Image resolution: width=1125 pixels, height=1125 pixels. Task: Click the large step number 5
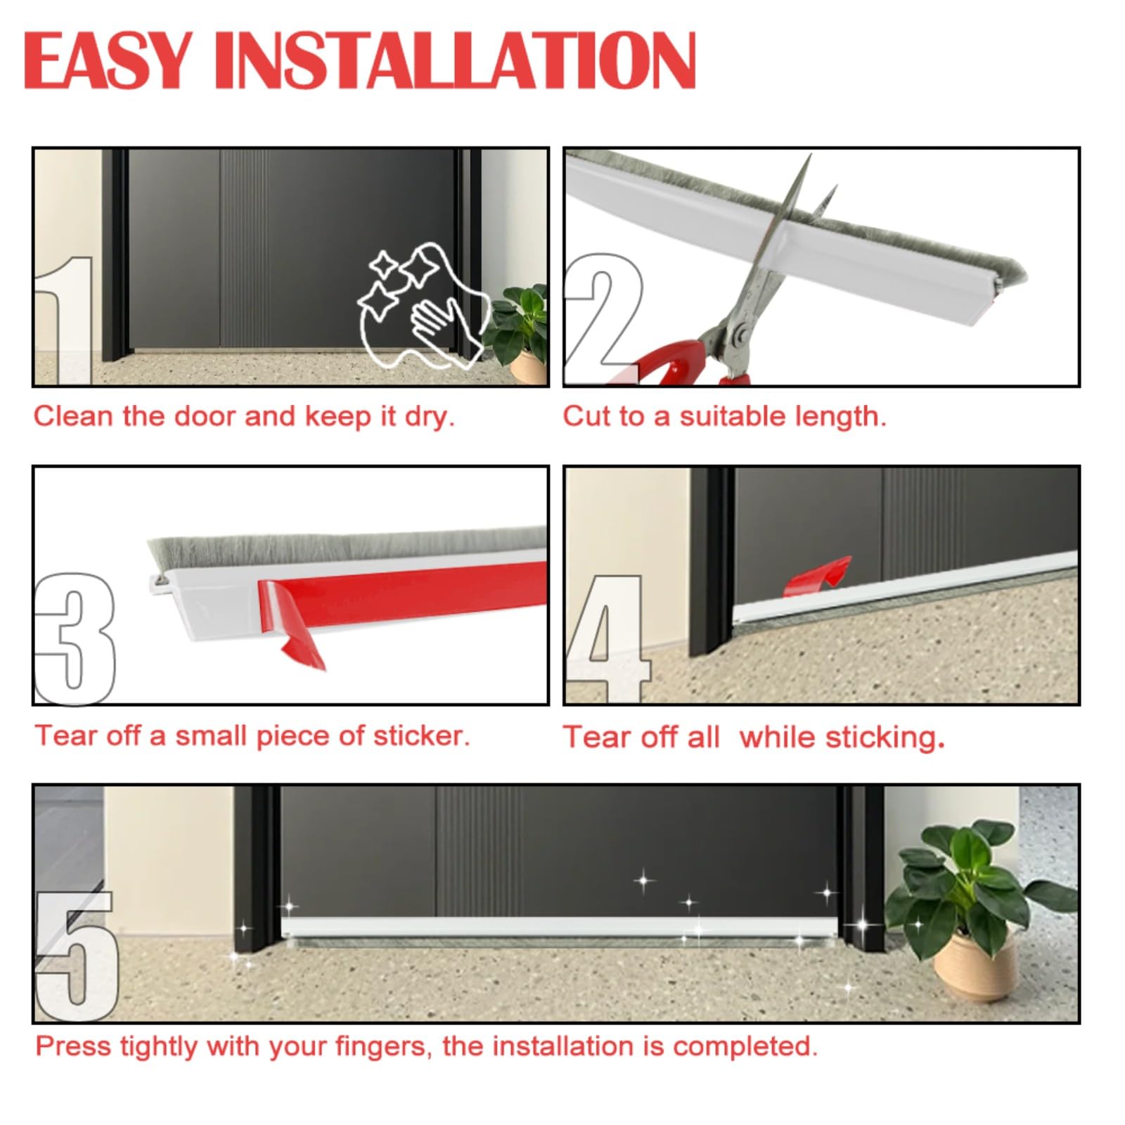tap(76, 956)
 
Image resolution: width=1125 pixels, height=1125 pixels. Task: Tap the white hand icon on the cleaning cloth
tap(432, 320)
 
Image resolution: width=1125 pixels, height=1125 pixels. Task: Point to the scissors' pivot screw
tap(738, 335)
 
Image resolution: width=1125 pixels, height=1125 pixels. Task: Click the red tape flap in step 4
tap(819, 573)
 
